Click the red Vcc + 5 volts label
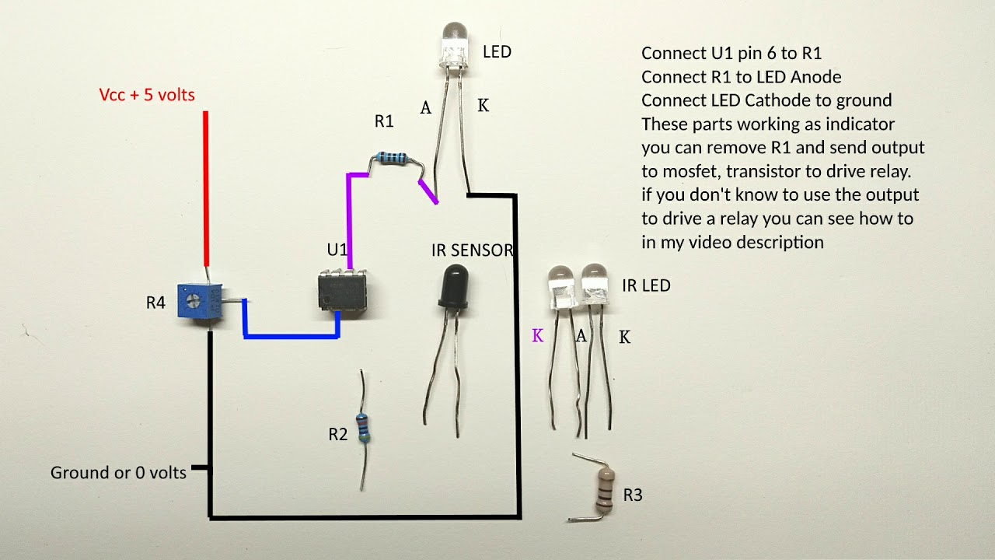pos(147,95)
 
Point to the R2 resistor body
pos(363,429)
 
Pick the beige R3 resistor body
pos(604,485)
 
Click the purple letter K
pos(537,336)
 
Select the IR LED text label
pos(646,285)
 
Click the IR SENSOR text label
pos(473,250)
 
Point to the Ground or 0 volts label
pos(118,473)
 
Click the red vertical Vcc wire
pos(206,187)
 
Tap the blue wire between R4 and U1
pos(292,336)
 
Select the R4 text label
pos(155,303)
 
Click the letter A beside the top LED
pos(425,109)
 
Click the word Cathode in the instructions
pos(780,100)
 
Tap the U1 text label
pos(337,250)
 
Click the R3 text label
pos(633,495)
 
